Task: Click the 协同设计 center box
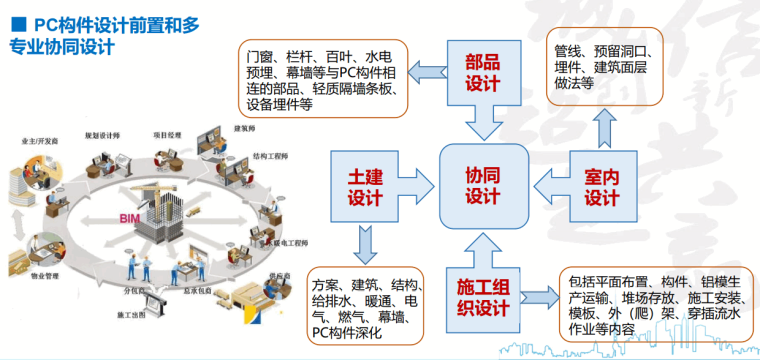[x=483, y=183]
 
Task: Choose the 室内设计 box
[x=603, y=183]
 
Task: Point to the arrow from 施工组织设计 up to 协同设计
[x=483, y=244]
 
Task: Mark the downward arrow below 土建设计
[x=359, y=241]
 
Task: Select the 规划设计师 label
[x=103, y=131]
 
